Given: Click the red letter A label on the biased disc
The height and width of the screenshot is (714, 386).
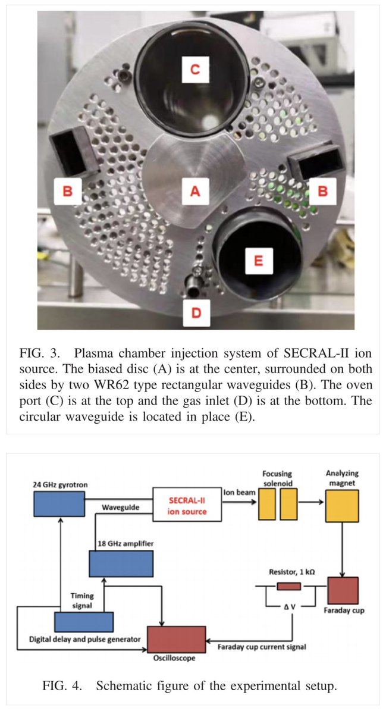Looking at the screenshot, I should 194,191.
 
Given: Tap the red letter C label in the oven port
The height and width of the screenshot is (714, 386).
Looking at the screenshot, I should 194,70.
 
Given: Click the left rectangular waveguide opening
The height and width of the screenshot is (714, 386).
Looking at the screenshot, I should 69,152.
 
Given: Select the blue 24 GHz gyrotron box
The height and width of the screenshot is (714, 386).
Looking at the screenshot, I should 58,503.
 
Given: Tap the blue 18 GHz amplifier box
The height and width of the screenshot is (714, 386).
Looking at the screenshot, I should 120,563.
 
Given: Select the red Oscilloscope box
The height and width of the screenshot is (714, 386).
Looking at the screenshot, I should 177,639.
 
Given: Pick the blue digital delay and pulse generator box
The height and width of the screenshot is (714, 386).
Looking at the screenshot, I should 84,621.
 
